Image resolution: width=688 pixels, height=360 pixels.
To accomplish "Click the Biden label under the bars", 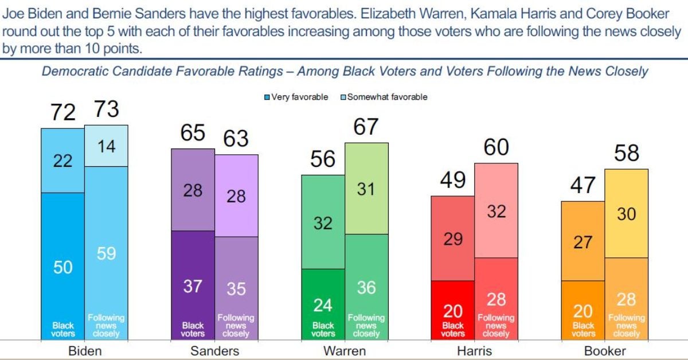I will (85, 351).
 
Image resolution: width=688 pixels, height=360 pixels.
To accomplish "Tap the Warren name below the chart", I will (344, 351).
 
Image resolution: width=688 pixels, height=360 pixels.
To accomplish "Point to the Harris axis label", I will (475, 351).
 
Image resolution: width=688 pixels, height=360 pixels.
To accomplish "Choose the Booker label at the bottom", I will (604, 351).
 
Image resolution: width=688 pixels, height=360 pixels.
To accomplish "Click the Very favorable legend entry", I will (296, 97).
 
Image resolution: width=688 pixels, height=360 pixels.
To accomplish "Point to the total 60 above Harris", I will (497, 147).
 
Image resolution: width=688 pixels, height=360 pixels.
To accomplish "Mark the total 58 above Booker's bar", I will (627, 154).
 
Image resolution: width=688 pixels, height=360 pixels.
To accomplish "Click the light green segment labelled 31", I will (366, 189).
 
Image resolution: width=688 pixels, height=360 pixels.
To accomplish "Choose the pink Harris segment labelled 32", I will (497, 211).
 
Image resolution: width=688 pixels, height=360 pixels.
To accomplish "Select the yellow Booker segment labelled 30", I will (627, 214).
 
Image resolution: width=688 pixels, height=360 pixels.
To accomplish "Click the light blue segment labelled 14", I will (106, 146).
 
